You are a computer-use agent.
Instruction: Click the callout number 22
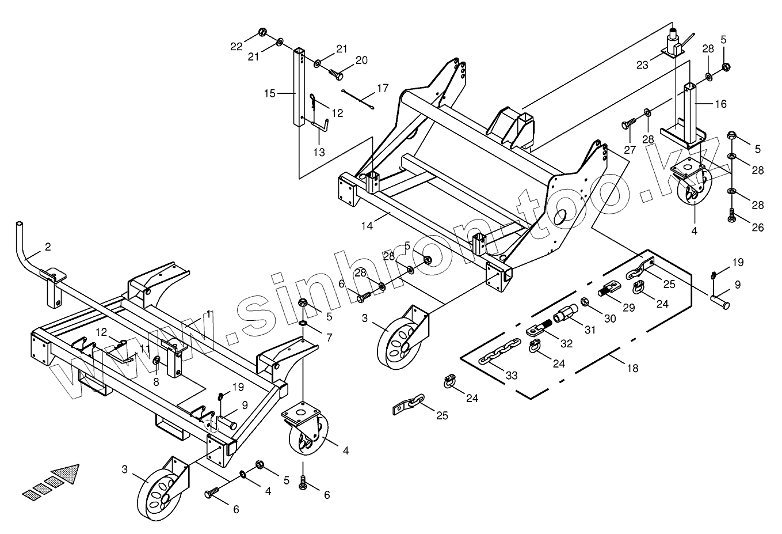coord(236,47)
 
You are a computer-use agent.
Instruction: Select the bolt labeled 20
coord(335,74)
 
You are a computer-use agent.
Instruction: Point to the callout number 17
coord(383,89)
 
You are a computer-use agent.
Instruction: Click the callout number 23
coord(642,66)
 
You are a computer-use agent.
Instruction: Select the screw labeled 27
coord(628,123)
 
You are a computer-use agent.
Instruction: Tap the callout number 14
coord(367,226)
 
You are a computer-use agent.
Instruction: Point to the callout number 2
coord(48,247)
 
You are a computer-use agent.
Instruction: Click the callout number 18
coord(632,369)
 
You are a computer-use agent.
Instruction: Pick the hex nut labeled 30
coord(584,302)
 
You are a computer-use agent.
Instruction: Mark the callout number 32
coord(566,344)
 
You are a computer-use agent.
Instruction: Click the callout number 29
coord(629,307)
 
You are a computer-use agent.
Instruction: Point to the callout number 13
coord(319,152)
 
